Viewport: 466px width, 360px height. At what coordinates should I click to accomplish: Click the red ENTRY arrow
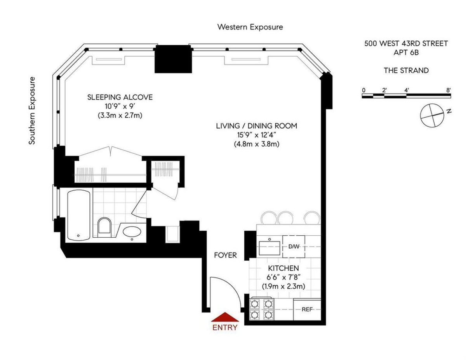tap(225, 317)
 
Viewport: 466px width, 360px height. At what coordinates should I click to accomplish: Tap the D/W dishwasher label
tap(293, 246)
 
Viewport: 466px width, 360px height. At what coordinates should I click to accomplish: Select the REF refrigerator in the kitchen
tap(307, 310)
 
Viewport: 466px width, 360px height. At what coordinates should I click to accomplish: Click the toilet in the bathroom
tap(104, 226)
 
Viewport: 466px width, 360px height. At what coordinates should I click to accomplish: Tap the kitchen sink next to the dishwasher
tap(270, 247)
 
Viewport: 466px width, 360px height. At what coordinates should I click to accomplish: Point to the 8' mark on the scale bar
tap(449, 90)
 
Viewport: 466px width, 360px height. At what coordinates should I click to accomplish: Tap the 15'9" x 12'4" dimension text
tap(256, 135)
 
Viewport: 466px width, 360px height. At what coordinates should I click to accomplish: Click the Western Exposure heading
tap(250, 27)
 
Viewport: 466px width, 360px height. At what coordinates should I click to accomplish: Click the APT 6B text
tap(406, 52)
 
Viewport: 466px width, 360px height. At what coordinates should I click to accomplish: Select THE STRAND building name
tap(406, 70)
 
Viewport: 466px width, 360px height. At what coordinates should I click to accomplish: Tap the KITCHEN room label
tap(283, 268)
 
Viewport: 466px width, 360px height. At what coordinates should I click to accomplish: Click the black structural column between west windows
tap(173, 59)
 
